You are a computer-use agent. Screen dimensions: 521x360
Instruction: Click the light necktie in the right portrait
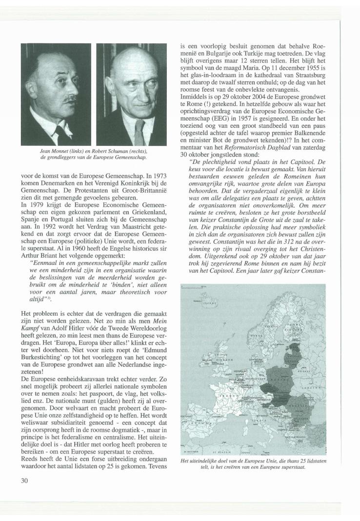(x=139, y=128)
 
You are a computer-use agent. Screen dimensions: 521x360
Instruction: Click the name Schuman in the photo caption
(x=115, y=152)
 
